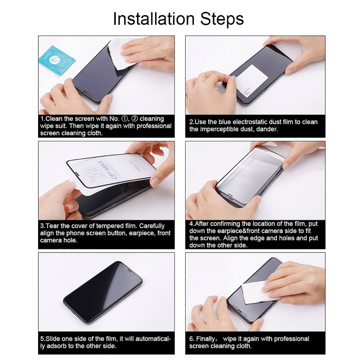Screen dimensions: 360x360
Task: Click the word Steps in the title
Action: [x=222, y=19]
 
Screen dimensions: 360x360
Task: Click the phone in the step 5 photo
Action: [x=103, y=292]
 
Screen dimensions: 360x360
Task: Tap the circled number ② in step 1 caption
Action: [x=135, y=119]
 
